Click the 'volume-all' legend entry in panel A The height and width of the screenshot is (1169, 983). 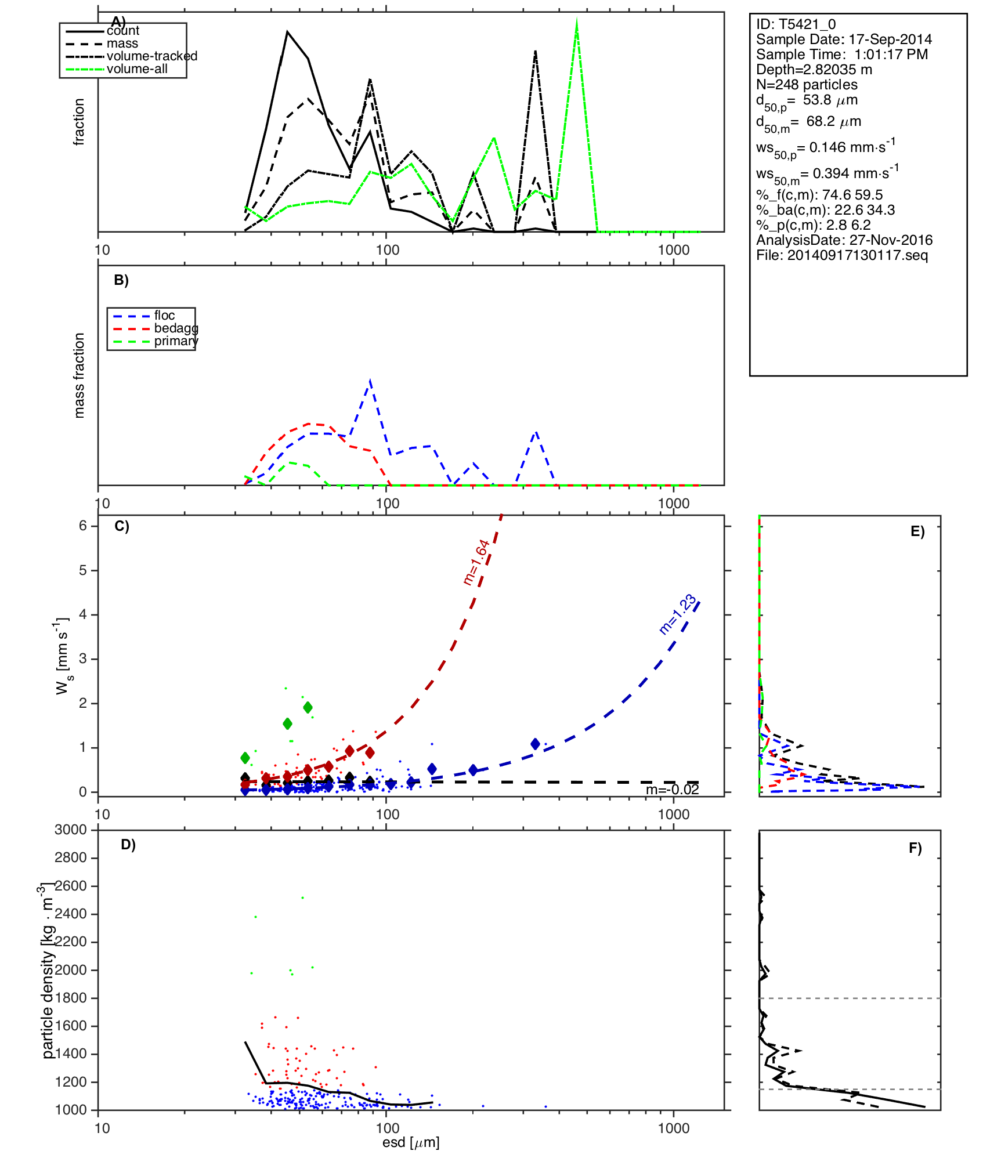coord(137,69)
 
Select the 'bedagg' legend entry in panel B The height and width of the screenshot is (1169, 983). coord(175,328)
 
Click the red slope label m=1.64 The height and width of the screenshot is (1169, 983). coord(477,562)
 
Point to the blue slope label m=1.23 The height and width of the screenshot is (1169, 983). coord(678,614)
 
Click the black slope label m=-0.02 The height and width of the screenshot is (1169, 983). coord(672,790)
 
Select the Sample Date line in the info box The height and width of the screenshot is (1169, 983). coord(844,39)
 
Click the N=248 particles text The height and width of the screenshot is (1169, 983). coord(807,85)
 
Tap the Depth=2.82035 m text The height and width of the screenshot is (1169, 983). coord(814,70)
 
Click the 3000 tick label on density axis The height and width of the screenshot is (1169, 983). coord(70,830)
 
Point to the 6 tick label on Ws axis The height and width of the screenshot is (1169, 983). coord(83,526)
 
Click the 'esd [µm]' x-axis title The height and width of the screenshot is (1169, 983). coord(411,1142)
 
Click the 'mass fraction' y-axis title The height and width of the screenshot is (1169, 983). coord(79,375)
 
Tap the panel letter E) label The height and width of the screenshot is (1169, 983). coord(917,531)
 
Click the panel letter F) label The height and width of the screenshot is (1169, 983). coord(915,848)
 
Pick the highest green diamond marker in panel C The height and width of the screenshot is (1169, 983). coord(308,707)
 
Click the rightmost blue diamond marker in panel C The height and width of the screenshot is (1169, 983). coord(535,744)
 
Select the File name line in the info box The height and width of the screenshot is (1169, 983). coord(841,255)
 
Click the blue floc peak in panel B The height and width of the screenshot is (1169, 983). coord(370,381)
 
